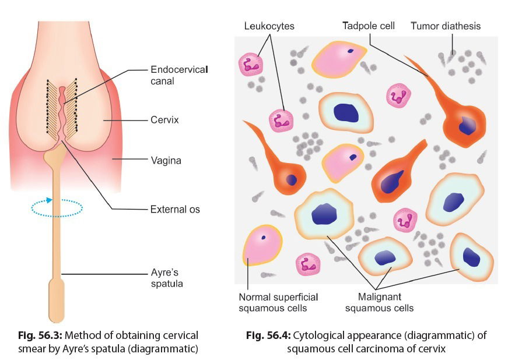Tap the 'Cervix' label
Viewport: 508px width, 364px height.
(x=164, y=121)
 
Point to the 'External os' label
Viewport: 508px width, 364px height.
(x=175, y=208)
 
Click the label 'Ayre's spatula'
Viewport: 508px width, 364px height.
(x=167, y=278)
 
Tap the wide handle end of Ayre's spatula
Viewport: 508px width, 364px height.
(x=56, y=300)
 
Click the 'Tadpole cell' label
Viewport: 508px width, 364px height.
(x=368, y=26)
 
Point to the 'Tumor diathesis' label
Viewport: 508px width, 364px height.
(x=446, y=26)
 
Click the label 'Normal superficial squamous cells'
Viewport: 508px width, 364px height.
(x=272, y=303)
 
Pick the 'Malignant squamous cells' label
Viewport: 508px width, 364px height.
(x=379, y=303)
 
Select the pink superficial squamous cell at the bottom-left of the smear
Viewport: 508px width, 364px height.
(x=261, y=245)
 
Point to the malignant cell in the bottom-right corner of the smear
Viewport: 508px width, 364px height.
(x=472, y=256)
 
